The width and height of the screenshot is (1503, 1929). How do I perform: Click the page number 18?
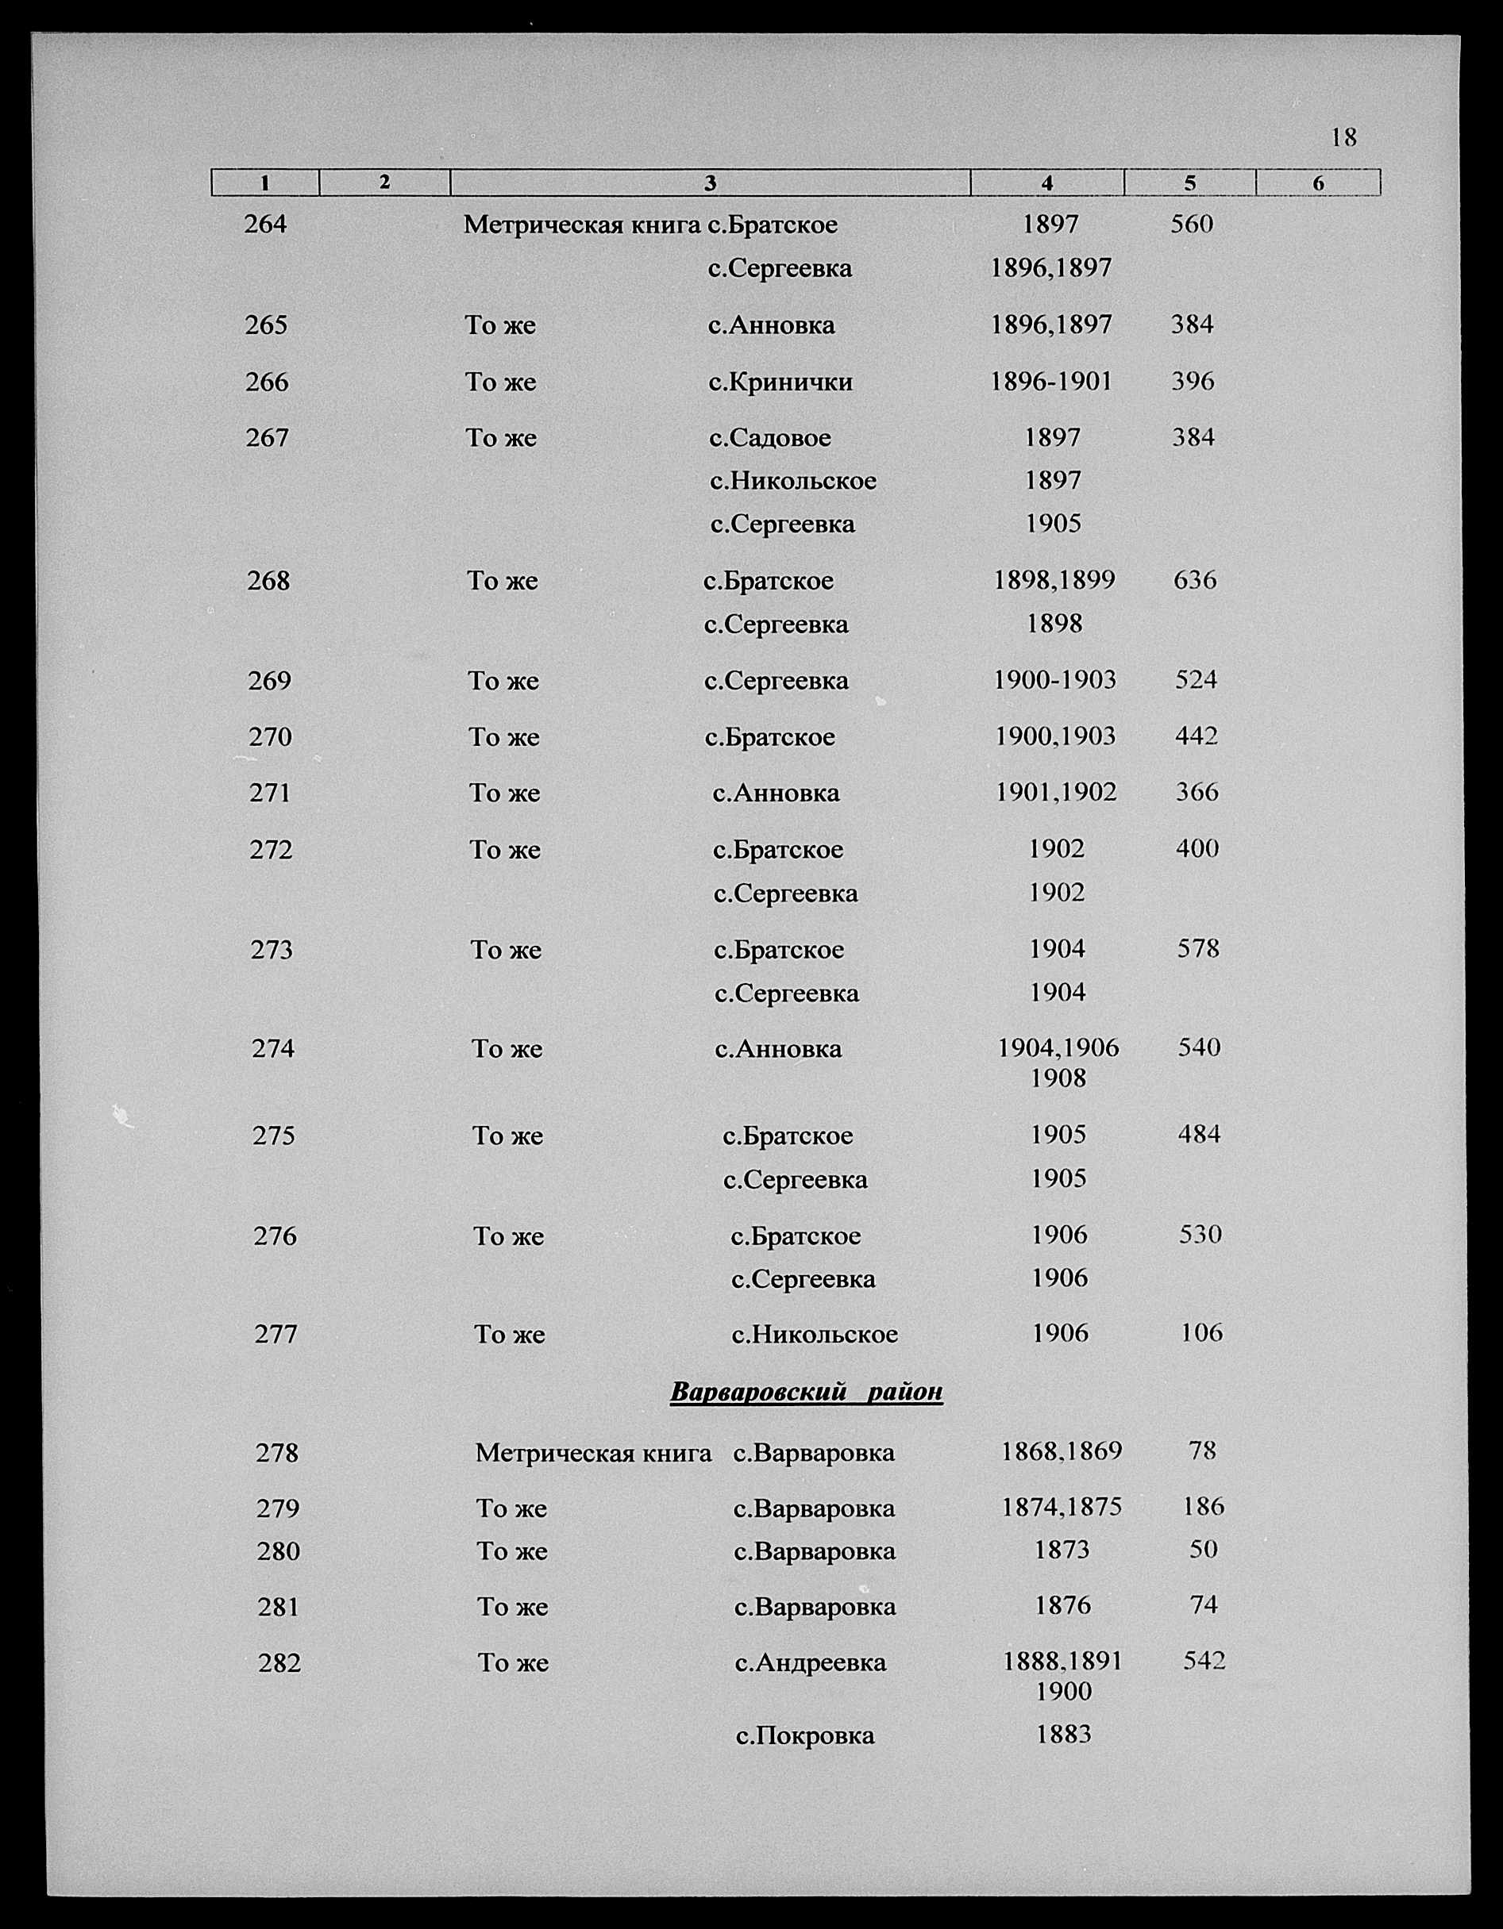1343,138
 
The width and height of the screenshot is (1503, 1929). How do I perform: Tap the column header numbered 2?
384,182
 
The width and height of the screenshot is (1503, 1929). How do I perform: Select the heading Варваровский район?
806,1392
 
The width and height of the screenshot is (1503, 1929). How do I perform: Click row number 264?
266,225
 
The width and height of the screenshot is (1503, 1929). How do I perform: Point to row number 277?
276,1334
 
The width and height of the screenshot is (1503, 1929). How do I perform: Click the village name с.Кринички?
780,382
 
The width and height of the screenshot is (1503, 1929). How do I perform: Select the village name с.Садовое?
769,438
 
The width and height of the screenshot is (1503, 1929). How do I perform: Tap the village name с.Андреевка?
811,1663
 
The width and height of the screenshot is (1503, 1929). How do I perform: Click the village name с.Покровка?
805,1735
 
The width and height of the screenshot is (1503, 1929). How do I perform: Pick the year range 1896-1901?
1051,382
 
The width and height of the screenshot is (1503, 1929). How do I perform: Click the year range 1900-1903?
1055,680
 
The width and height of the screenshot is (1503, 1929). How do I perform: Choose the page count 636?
1195,580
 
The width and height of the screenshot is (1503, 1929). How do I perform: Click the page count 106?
1202,1333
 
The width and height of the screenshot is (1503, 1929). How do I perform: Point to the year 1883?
1064,1735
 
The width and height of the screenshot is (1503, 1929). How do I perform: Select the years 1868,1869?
1062,1451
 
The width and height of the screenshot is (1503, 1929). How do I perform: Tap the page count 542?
1204,1662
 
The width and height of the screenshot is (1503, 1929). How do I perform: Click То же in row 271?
504,794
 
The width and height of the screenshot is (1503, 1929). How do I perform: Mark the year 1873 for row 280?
1062,1550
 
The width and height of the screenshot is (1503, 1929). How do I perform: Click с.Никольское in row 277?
815,1334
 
